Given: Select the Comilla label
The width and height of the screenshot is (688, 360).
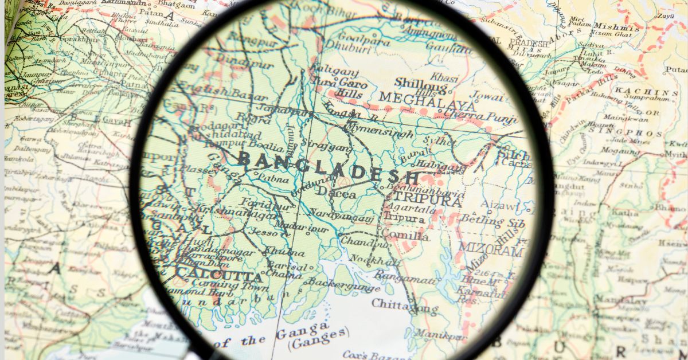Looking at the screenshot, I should tap(405, 236).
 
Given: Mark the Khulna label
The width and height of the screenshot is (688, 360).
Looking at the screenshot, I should tap(284, 252).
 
